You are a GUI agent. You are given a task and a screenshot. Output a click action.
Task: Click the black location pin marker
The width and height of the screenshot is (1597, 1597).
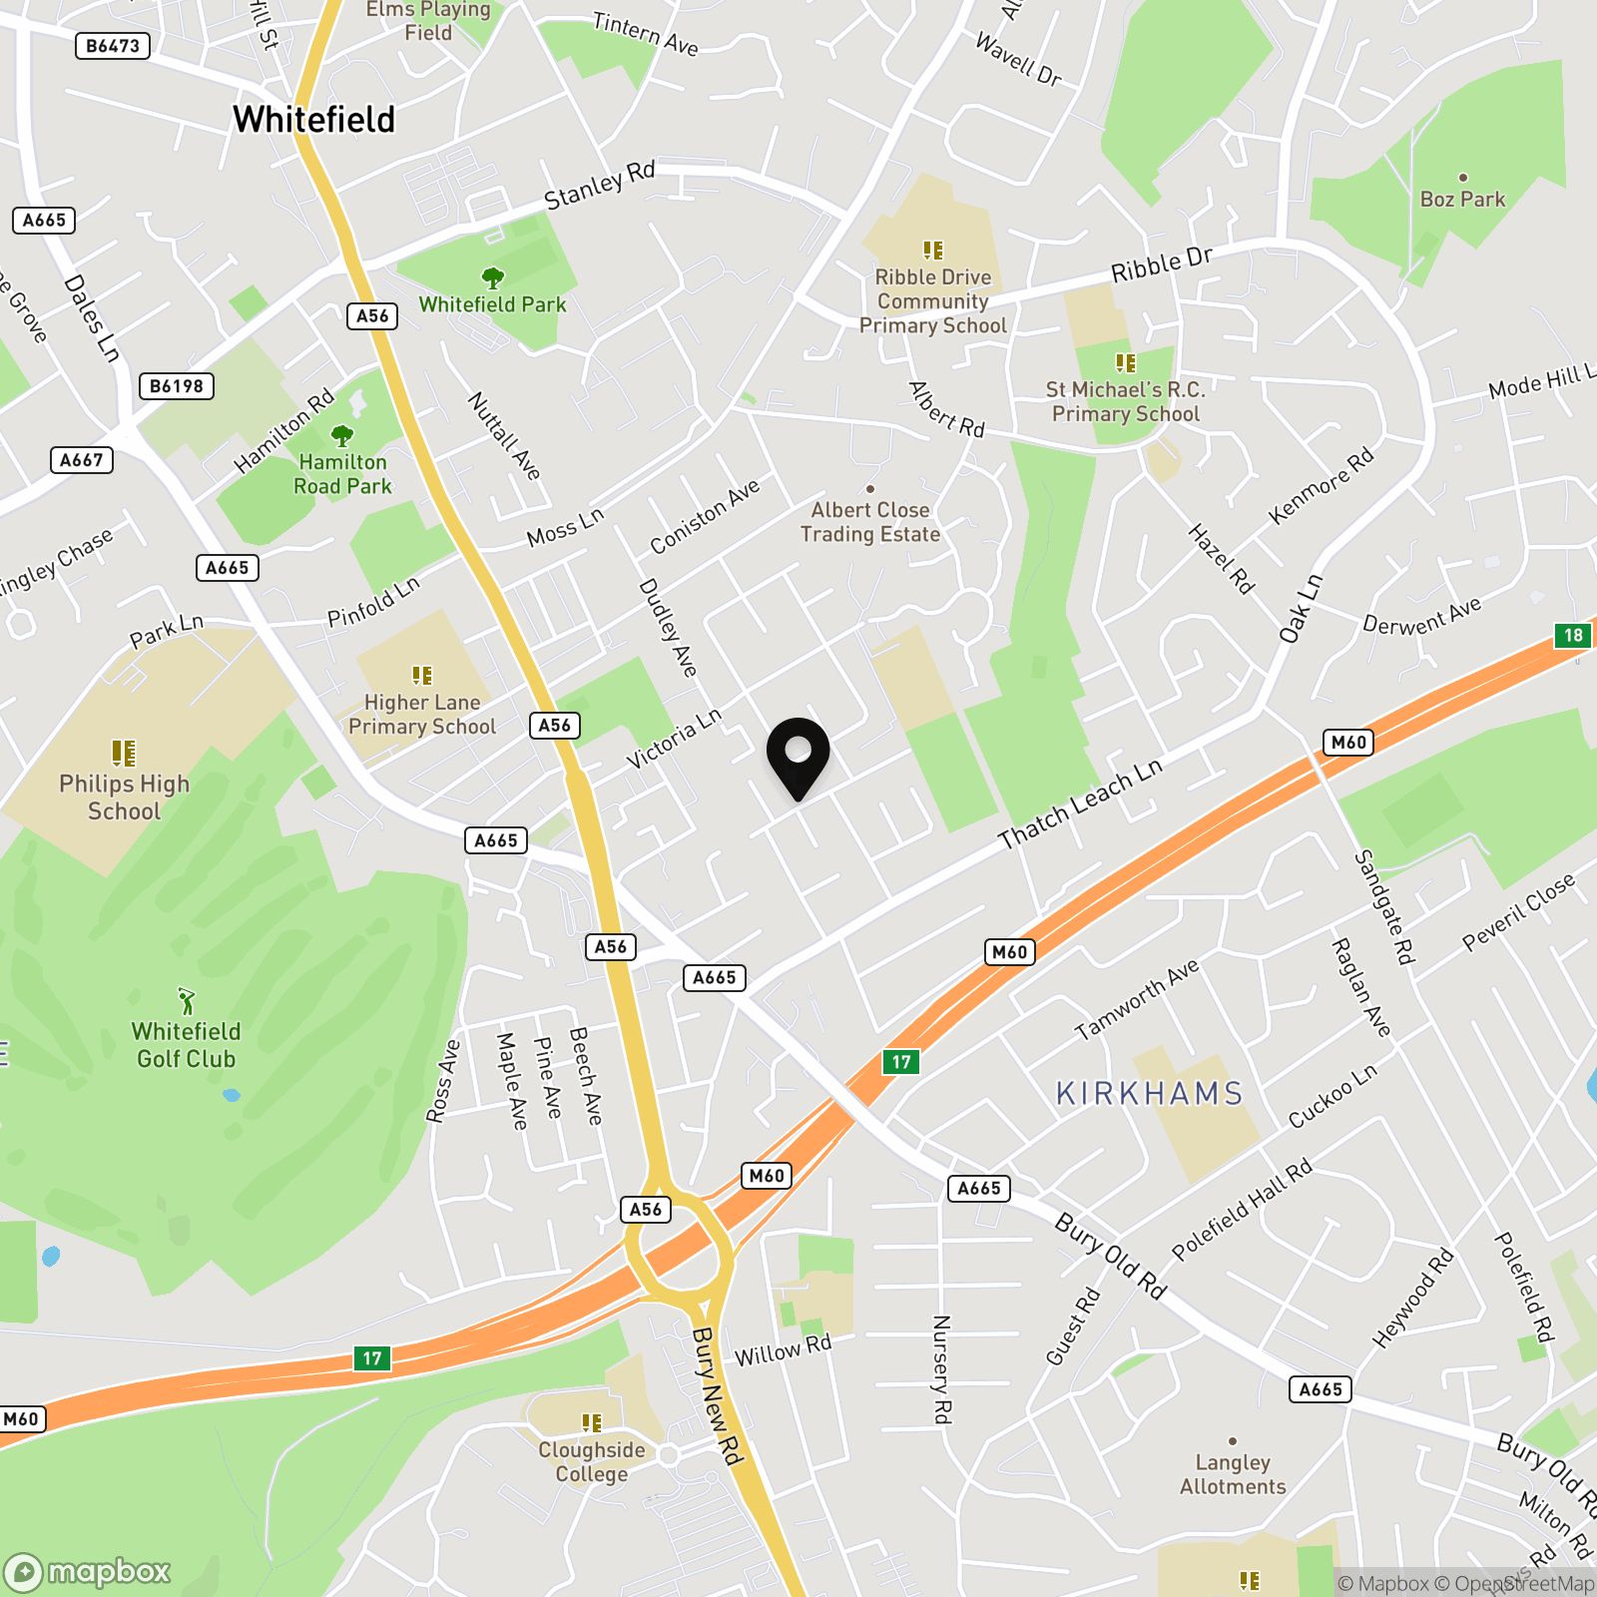[798, 756]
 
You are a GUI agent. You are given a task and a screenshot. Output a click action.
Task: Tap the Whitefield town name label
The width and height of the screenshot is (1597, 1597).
[313, 120]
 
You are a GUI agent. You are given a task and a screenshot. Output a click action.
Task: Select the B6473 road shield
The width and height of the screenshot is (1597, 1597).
[113, 46]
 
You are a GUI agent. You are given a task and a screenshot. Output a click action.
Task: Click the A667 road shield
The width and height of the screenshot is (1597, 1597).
[81, 460]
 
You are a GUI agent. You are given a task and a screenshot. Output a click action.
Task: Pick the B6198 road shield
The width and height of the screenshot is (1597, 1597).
[177, 386]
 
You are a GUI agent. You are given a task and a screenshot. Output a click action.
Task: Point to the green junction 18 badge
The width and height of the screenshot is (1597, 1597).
[1573, 635]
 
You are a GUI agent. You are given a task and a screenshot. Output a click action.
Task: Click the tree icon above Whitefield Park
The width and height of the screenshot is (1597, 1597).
[492, 276]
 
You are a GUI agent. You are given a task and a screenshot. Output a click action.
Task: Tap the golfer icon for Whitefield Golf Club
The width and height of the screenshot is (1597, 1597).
[187, 1000]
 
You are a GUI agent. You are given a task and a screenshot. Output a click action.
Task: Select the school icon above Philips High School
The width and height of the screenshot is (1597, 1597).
[123, 752]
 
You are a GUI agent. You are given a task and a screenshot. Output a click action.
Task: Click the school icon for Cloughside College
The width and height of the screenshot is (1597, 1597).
[592, 1422]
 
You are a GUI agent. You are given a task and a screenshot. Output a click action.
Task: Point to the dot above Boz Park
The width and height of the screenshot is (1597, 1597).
[1462, 178]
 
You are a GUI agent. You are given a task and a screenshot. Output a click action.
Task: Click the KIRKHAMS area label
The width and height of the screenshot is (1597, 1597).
[1149, 1094]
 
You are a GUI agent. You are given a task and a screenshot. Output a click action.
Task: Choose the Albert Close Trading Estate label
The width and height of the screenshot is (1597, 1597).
[870, 522]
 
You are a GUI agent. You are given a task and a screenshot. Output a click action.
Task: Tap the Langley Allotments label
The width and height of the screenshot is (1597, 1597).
[1233, 1474]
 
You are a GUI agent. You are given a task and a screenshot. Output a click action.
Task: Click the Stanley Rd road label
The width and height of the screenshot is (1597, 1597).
[599, 186]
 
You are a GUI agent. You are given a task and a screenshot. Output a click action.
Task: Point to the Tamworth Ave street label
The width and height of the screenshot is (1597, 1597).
[1136, 1000]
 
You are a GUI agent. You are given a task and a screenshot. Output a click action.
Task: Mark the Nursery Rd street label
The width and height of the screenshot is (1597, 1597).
[941, 1368]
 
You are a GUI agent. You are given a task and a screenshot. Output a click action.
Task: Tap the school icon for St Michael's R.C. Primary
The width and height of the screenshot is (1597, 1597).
[1125, 363]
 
